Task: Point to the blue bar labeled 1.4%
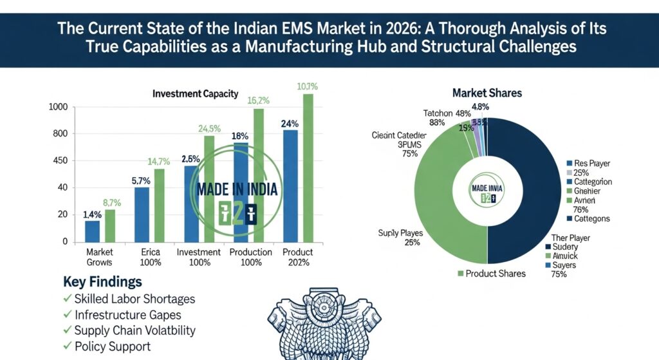(92, 231)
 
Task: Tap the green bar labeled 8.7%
(110, 225)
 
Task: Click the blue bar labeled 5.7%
(142, 214)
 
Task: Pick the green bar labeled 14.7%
(159, 205)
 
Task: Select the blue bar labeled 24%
(290, 185)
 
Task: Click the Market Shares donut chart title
(487, 93)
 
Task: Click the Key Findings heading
(102, 282)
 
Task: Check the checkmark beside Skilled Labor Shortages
(68, 299)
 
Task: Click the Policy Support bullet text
(113, 346)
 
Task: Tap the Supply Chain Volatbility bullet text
(135, 330)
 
